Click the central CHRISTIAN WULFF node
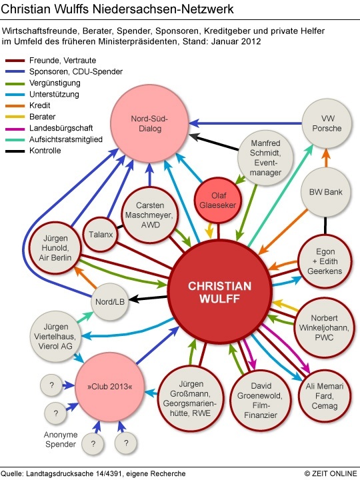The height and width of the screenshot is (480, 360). coord(219,292)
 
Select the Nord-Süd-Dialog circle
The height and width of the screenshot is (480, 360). coord(150,123)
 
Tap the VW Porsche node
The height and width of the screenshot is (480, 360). coord(327,123)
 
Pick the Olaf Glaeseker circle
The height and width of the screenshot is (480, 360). coord(218,201)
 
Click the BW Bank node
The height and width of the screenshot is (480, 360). coord(325,192)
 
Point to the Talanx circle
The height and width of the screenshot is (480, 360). coord(101,235)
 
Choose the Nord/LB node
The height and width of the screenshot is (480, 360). coord(110,302)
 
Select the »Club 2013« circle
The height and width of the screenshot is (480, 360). coord(109,387)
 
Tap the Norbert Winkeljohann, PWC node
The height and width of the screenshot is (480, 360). coord(324,327)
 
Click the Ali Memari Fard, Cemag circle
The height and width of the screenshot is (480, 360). coord(325,396)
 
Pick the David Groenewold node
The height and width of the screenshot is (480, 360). coord(260,401)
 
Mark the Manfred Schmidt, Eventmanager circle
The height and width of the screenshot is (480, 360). coord(265,157)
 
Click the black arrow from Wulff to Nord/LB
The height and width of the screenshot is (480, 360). coord(148,298)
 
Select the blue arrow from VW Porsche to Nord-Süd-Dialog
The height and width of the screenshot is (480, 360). coord(245,123)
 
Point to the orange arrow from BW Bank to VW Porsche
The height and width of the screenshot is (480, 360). coord(326,157)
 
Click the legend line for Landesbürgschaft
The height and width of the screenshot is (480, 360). coord(15,129)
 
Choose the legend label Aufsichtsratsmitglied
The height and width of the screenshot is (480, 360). coord(66,139)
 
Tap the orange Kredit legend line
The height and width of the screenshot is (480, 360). coord(15,106)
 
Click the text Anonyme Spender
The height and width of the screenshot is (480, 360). coord(60,439)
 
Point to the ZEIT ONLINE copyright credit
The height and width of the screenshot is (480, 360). coord(331,473)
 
